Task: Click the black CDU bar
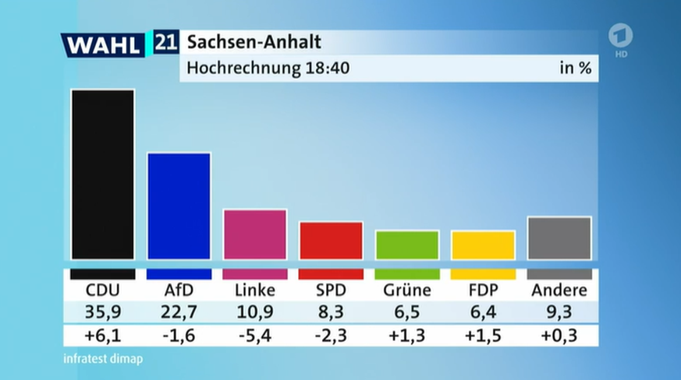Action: pos(102,174)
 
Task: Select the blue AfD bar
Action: pos(179,206)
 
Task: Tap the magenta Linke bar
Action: pos(254,234)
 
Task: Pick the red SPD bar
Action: pos(331,241)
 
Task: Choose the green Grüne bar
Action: pos(407,245)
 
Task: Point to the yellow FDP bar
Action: pos(483,245)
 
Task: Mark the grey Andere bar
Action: pos(559,237)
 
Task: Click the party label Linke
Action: pos(254,290)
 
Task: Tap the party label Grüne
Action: pos(407,290)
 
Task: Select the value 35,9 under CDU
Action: pos(102,312)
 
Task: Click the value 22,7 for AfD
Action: pos(179,312)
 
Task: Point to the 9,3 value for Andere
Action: pos(559,312)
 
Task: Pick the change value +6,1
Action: pos(102,336)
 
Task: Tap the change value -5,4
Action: pos(254,336)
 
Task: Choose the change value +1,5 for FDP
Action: pos(483,336)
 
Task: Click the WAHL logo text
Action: pos(104,45)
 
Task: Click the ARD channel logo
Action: pos(620,37)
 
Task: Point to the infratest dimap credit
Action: pos(103,359)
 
